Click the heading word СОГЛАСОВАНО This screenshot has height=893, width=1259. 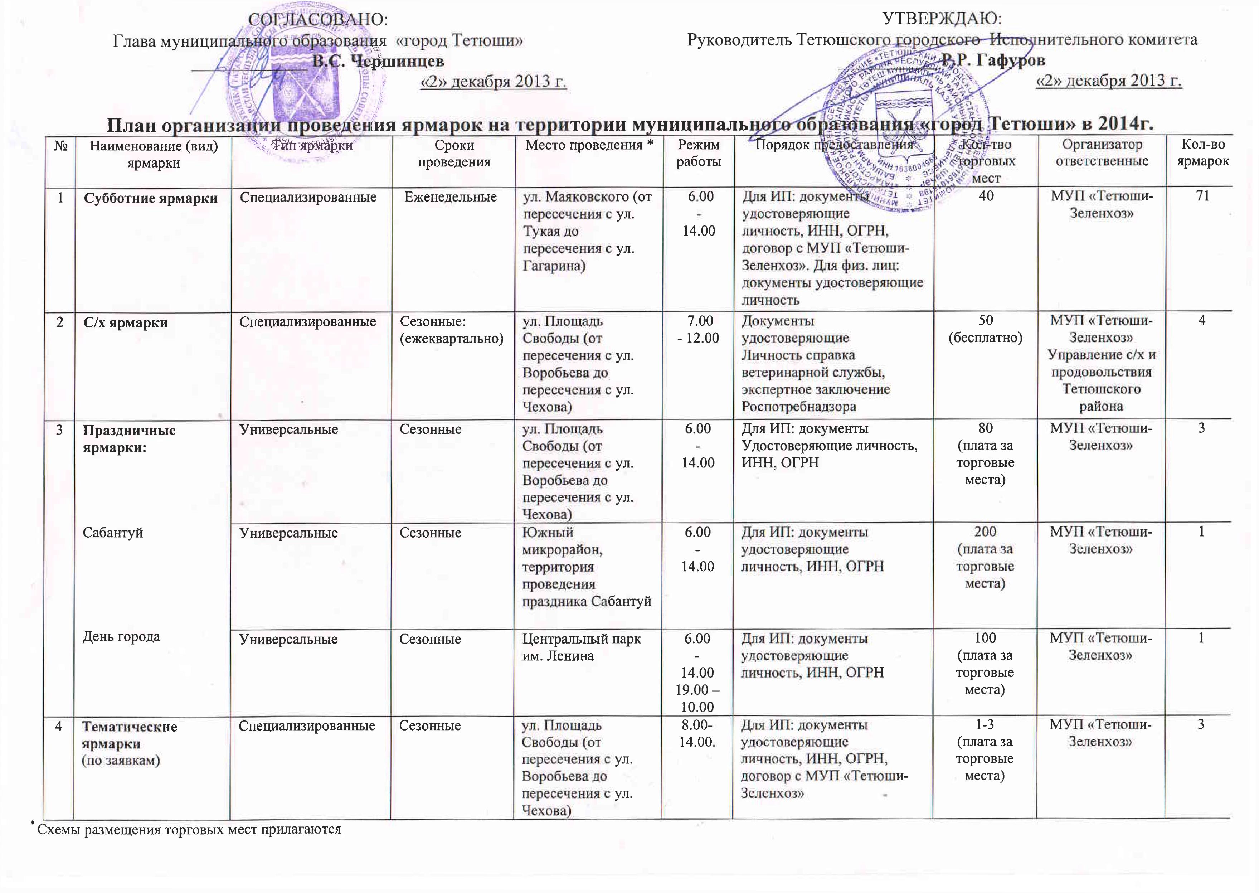click(x=318, y=20)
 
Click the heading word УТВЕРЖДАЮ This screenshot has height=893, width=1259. click(x=942, y=19)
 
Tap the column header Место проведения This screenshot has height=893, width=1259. click(x=588, y=145)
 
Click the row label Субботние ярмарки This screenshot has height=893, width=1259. click(x=151, y=199)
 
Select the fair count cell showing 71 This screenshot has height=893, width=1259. click(x=1202, y=196)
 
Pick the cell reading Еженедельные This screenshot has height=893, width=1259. click(x=450, y=197)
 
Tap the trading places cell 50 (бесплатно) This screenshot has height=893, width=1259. click(x=985, y=329)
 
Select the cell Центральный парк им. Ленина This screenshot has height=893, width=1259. click(x=581, y=647)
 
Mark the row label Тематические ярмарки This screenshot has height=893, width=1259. click(x=130, y=735)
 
